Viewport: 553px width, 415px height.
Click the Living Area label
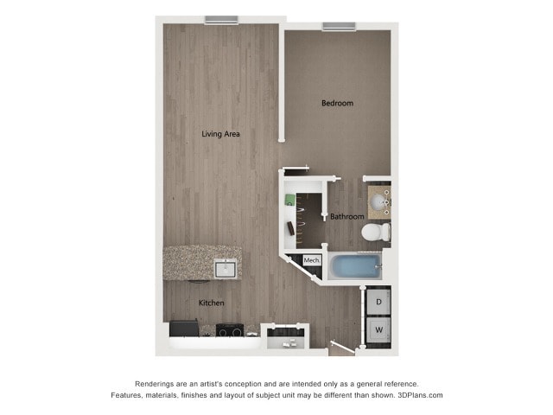click(220, 134)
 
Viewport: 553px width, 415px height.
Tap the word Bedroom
click(337, 104)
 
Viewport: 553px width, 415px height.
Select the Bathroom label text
click(347, 216)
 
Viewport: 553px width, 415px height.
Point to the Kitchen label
click(212, 303)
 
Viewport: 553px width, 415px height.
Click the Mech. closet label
click(312, 260)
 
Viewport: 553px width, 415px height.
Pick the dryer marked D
click(378, 302)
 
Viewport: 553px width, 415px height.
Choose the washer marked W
click(378, 330)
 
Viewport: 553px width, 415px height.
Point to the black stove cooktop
click(230, 329)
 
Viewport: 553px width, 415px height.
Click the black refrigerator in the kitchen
click(184, 329)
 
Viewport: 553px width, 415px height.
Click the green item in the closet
click(291, 198)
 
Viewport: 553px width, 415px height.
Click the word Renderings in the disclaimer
click(157, 384)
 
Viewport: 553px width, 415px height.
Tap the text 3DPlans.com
click(420, 395)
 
